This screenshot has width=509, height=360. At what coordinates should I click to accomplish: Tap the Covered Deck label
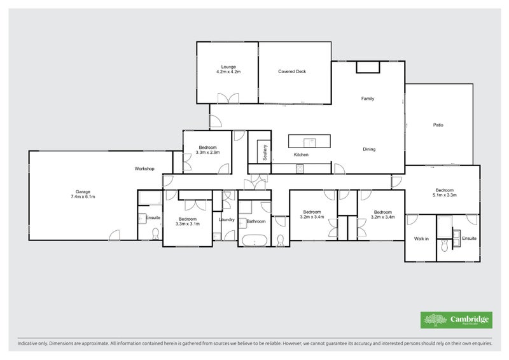pyautogui.click(x=292, y=72)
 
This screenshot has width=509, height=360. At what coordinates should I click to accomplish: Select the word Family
pyautogui.click(x=367, y=99)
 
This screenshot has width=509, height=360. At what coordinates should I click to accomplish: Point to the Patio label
pyautogui.click(x=438, y=125)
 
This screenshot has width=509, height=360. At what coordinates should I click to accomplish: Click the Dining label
pyautogui.click(x=369, y=149)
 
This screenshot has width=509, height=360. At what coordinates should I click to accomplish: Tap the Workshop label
pyautogui.click(x=144, y=169)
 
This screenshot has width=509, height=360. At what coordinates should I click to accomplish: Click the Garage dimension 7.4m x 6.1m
pyautogui.click(x=83, y=197)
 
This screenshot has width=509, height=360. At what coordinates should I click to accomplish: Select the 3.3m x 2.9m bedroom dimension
pyautogui.click(x=207, y=153)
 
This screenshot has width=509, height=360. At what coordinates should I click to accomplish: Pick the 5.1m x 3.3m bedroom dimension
pyautogui.click(x=444, y=195)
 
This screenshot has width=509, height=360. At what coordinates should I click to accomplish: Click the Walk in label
pyautogui.click(x=421, y=239)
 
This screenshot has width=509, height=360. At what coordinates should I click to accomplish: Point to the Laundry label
pyautogui.click(x=227, y=220)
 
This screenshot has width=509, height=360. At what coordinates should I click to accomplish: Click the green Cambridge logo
pyautogui.click(x=456, y=320)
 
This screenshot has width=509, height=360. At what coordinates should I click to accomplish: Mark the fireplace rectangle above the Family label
pyautogui.click(x=367, y=67)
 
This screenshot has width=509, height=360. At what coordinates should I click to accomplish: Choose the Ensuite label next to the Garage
pyautogui.click(x=153, y=218)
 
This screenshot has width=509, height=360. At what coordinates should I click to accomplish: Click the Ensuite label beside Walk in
pyautogui.click(x=469, y=239)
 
